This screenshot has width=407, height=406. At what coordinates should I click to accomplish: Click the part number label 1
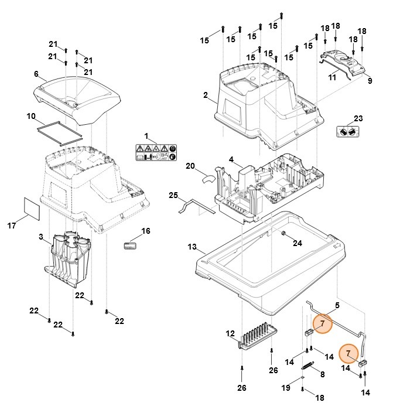[x=146, y=136]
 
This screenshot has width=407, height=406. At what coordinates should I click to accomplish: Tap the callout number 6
[x=36, y=74]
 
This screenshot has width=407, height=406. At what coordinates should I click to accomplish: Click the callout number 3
[x=40, y=237]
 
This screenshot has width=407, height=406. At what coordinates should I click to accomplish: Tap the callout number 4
[x=231, y=159]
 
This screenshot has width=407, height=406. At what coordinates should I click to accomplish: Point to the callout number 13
[x=192, y=247]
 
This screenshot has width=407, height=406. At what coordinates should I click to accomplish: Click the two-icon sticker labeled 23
[x=348, y=132]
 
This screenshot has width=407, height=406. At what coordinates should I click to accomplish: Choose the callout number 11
[x=331, y=77]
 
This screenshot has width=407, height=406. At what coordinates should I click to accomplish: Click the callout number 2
[x=206, y=95]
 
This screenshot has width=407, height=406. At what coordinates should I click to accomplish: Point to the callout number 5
[x=337, y=305]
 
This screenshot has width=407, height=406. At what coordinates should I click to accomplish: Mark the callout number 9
[x=370, y=81]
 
